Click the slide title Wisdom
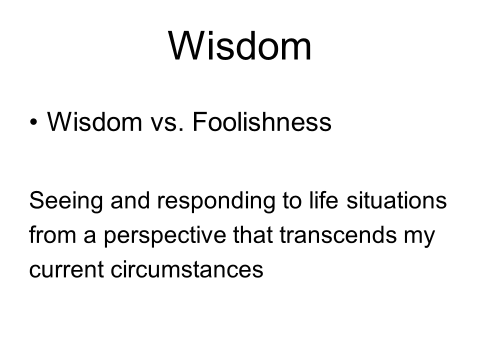coord(239,46)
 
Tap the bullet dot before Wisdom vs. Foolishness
coord(33,122)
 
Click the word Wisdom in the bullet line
coord(94,121)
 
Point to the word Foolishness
coord(262,121)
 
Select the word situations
coord(396,200)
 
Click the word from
coord(52,234)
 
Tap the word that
coord(253,234)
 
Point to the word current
coord(66,269)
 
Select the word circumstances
coord(187,269)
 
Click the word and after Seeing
coord(130,200)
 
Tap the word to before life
coord(292,200)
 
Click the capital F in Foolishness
coord(199,121)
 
